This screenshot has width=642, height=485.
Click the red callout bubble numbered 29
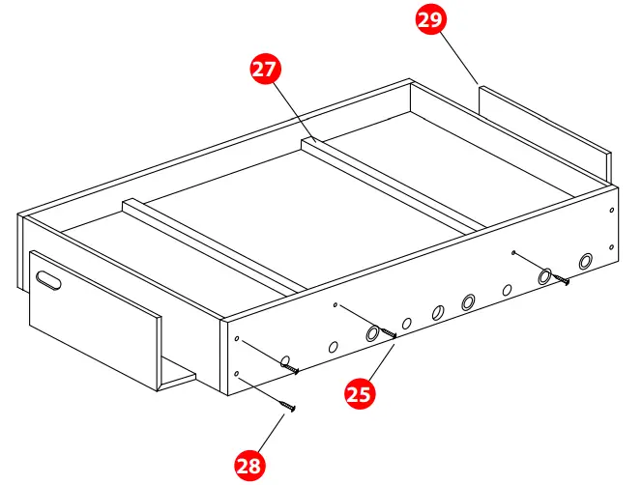(432, 21)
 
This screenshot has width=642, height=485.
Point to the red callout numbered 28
(249, 465)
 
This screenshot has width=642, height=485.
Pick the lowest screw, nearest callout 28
(287, 406)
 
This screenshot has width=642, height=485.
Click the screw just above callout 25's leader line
(391, 333)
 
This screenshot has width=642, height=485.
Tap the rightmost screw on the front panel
(562, 281)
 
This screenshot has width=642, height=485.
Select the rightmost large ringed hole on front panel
(586, 261)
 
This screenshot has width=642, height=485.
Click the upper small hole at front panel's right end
(612, 211)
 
